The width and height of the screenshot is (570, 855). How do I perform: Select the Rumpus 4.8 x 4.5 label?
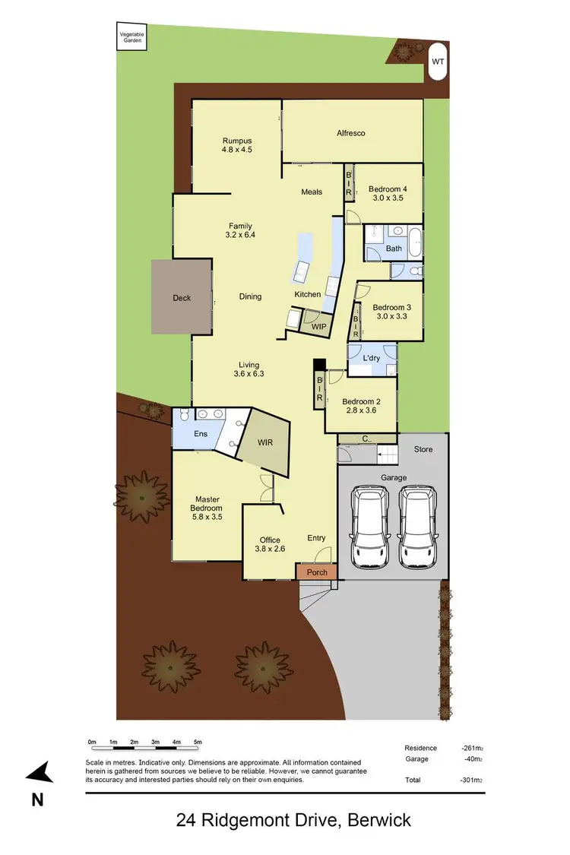tap(237, 145)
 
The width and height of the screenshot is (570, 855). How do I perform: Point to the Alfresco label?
tap(351, 133)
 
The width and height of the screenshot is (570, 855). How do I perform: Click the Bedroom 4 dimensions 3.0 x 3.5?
tap(388, 198)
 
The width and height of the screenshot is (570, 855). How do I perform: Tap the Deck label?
tap(182, 298)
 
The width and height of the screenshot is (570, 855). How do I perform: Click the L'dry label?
tap(372, 358)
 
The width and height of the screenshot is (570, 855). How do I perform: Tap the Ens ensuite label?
tap(201, 434)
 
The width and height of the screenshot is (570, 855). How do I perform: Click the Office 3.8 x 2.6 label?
tap(271, 544)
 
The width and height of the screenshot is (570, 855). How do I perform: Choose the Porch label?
tap(317, 572)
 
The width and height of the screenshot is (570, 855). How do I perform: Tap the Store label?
tap(423, 449)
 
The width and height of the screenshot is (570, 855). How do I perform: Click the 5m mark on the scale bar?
tap(197, 742)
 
